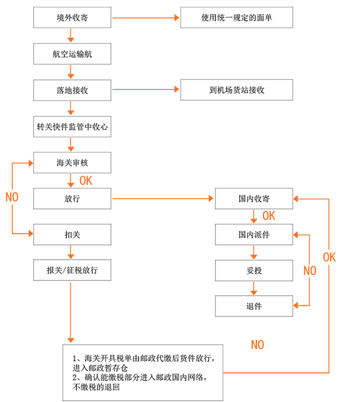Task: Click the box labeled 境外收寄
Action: click(72, 17)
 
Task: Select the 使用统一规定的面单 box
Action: click(236, 17)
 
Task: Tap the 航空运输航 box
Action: click(72, 54)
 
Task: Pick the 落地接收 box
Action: click(72, 90)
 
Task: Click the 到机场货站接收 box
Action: click(236, 90)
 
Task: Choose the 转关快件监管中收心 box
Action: click(72, 127)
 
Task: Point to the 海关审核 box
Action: click(72, 163)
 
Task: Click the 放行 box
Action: click(72, 199)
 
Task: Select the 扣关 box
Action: click(72, 235)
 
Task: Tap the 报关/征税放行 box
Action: click(72, 270)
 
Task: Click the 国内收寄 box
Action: click(254, 199)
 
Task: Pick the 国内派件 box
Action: click(254, 235)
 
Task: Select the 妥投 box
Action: click(254, 270)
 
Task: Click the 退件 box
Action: click(254, 306)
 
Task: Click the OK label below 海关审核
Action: click(86, 181)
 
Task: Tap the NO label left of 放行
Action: click(12, 197)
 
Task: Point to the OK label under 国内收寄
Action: click(269, 216)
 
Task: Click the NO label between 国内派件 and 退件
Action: click(310, 271)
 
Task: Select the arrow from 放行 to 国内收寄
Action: click(163, 198)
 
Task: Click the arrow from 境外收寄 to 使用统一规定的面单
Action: click(146, 17)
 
